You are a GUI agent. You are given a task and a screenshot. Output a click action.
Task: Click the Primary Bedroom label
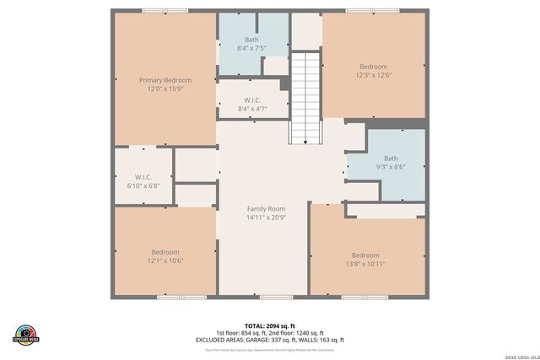point(165,80)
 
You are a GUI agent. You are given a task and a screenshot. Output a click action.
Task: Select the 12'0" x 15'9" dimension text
point(165,89)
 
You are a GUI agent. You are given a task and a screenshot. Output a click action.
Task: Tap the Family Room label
point(266,208)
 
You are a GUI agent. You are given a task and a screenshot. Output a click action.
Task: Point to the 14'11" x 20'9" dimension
point(266,218)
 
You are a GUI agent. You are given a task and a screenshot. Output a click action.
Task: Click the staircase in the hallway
point(305,98)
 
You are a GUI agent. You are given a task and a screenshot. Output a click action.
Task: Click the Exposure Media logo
point(26,335)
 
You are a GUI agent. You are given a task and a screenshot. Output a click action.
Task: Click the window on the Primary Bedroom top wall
point(165,10)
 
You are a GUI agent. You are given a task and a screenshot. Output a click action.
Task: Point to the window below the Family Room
point(276,297)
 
